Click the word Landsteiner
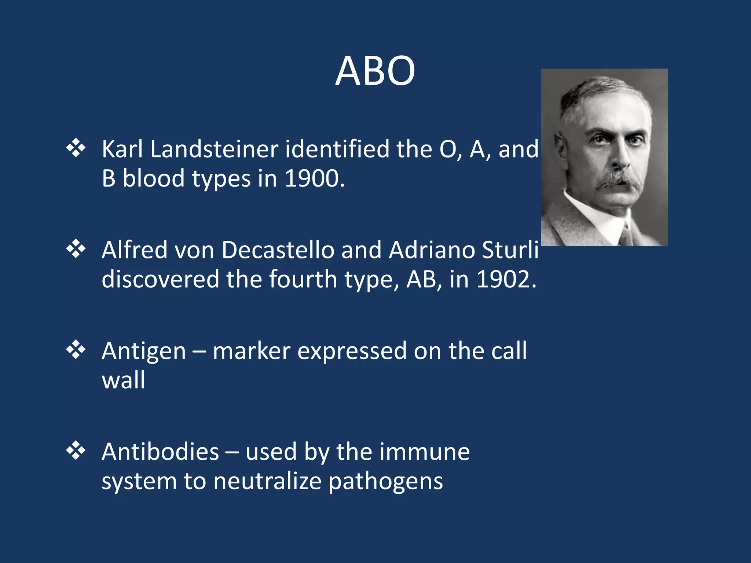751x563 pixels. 214,149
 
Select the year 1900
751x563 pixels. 314,179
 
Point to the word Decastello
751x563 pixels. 278,250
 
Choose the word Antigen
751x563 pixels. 144,352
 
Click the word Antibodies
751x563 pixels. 160,452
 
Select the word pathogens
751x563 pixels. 385,482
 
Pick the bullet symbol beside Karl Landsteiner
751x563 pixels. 76,148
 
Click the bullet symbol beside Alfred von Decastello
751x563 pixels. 76,249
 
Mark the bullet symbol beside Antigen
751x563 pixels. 76,350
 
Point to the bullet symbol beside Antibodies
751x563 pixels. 76,450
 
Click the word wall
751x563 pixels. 123,380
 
